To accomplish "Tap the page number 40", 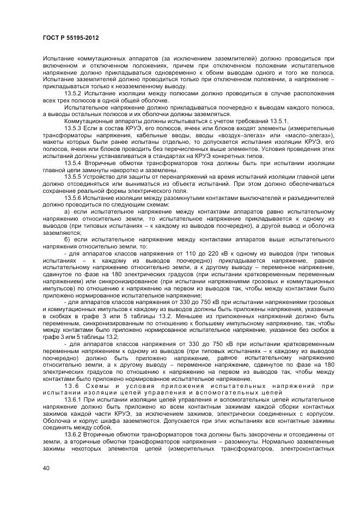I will click(45, 469).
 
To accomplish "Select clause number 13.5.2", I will click(72, 93).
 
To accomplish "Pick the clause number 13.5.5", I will click(72, 178).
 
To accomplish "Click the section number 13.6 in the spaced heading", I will click(72, 386).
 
